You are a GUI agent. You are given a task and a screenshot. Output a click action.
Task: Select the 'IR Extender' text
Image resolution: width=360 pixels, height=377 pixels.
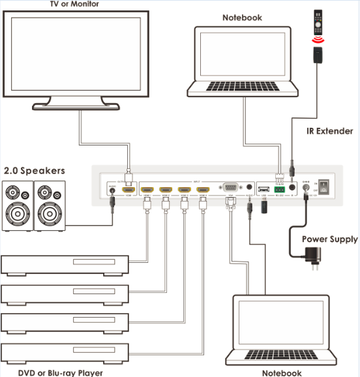coord(330,131)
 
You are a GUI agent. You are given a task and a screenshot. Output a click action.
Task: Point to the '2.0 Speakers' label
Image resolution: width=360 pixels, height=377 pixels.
coord(35,170)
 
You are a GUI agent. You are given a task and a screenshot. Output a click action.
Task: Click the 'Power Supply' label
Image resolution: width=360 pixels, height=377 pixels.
coord(329,239)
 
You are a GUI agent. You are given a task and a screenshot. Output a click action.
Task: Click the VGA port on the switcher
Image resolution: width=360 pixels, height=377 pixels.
coord(230,187)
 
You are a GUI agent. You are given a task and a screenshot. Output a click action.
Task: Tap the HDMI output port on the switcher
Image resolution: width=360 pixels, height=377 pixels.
coord(130,188)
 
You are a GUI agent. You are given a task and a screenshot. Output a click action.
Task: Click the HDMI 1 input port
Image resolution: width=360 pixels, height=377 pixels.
coord(147,188)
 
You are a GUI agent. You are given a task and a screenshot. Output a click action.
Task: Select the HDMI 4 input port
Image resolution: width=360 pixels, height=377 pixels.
coord(203,188)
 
